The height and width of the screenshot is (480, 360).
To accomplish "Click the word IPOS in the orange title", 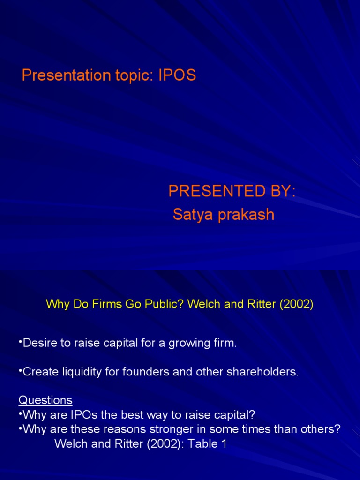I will coord(177,76).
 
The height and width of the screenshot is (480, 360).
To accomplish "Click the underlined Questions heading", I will coord(45,400).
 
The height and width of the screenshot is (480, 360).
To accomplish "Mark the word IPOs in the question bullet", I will coord(89,415).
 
